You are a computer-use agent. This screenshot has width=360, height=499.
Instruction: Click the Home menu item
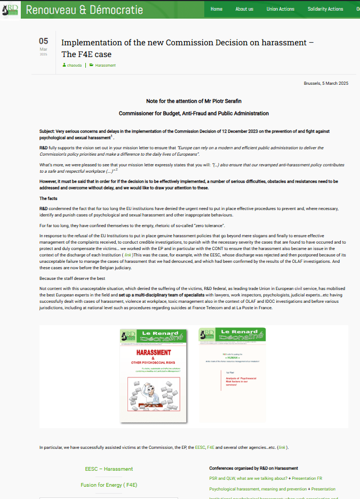[216, 9]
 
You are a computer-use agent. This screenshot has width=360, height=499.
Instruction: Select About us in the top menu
[244, 9]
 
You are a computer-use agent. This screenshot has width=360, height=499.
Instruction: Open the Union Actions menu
[281, 9]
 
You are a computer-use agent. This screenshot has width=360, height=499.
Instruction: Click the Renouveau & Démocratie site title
[84, 10]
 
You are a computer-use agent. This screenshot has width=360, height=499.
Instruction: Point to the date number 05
[43, 41]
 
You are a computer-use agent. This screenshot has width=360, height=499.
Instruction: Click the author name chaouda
[74, 65]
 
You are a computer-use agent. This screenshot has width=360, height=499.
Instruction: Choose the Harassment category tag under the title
[105, 65]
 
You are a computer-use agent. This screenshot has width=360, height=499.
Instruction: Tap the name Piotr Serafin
[223, 101]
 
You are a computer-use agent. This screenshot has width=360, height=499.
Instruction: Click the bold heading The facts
[50, 198]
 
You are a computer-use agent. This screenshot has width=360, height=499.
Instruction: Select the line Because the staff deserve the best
[73, 279]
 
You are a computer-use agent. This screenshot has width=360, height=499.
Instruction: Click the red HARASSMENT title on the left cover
[154, 352]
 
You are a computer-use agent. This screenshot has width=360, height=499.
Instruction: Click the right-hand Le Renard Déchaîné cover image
[232, 375]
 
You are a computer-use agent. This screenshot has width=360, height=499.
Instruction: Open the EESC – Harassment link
[109, 469]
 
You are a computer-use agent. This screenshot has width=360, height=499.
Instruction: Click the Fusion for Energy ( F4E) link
[109, 485]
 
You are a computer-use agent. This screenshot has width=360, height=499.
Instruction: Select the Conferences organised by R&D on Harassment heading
[253, 468]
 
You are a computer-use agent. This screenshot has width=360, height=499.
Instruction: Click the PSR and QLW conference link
[248, 478]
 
